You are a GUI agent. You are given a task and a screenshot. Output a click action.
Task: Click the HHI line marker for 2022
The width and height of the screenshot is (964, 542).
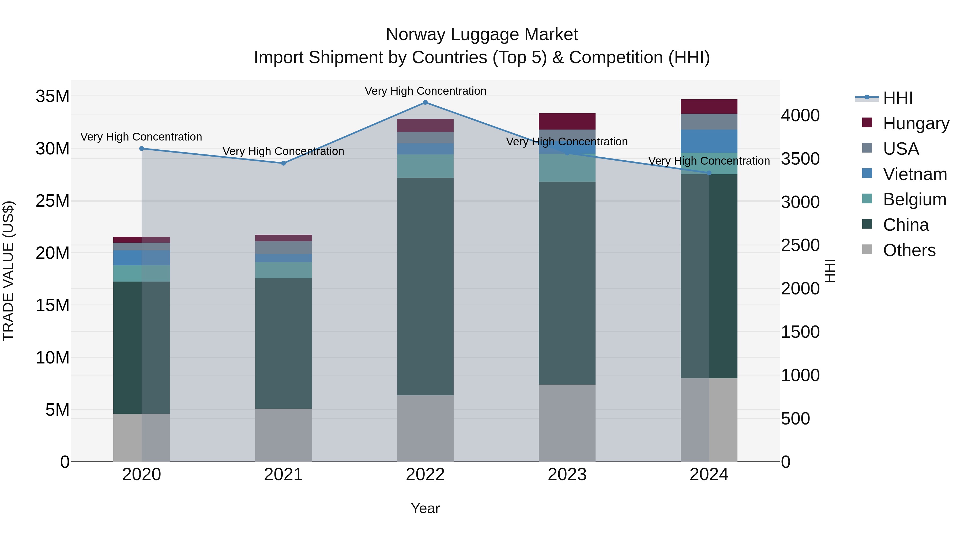pos(425,103)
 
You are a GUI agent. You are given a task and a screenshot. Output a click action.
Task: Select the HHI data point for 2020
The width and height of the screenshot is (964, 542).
pos(141,149)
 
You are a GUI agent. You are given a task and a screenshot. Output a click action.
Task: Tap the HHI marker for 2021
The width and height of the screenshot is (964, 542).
pos(283,163)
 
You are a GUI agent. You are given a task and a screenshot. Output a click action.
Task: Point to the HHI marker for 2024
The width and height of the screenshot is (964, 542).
pos(709,173)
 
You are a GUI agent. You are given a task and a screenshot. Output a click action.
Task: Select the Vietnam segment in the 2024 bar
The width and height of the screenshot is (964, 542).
pos(709,141)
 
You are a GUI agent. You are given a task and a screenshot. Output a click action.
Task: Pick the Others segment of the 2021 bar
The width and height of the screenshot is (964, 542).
pos(283,435)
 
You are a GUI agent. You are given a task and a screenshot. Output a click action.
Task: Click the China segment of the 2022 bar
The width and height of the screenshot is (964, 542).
pos(425,286)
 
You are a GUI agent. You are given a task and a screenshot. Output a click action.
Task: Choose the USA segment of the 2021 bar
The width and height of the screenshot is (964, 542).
pos(283,247)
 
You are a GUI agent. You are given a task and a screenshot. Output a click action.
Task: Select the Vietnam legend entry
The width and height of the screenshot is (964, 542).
pos(915,174)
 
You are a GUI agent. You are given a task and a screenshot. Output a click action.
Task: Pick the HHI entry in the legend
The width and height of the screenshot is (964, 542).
pos(897,98)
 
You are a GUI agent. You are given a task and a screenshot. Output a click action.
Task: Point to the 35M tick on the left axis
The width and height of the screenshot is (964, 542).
pos(52,96)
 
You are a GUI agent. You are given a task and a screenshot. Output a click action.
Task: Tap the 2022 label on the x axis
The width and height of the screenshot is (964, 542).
pos(425,475)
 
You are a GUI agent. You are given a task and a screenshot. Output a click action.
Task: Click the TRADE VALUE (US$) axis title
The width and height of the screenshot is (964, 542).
pos(8,271)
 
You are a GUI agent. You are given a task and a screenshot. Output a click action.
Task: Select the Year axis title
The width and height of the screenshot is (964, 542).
pos(425,508)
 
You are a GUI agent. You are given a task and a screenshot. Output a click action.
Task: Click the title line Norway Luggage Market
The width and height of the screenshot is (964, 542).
pos(482,35)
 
